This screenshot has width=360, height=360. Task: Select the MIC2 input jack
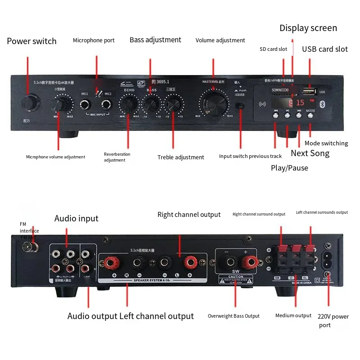tap(107, 105)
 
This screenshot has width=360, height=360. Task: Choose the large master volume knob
tap(213, 103)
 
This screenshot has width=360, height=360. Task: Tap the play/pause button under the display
tap(287, 115)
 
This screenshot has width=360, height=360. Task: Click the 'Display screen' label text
tap(308, 28)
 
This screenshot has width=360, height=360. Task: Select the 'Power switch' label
tap(31, 41)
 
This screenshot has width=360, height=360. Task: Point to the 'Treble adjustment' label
tap(180, 157)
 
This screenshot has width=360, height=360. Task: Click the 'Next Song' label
tap(310, 153)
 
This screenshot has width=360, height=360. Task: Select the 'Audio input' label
tap(76, 219)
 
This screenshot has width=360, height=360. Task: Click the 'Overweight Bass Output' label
tap(234, 316)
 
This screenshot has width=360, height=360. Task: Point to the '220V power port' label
tap(333, 320)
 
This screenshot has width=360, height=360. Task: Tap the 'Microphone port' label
tap(94, 40)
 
